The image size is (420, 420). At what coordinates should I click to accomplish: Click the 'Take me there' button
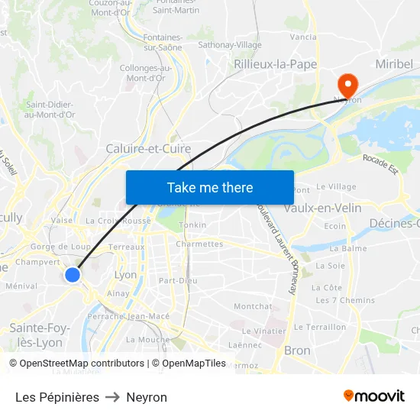coord(210,187)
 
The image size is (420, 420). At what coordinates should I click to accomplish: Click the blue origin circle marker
coord(73,274)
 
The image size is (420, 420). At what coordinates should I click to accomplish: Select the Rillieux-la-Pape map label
coord(276,64)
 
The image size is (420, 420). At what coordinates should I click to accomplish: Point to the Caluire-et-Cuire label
coord(148,148)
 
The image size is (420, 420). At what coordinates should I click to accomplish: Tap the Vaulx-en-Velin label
coord(322,208)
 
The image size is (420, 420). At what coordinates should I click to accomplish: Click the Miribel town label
coord(394,64)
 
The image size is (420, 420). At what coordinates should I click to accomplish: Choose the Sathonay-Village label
coord(230,45)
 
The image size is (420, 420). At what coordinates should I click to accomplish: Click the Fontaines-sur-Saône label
coord(162,42)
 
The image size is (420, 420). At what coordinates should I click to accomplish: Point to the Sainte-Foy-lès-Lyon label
coord(40,335)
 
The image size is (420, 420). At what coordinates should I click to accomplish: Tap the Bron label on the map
coord(297,351)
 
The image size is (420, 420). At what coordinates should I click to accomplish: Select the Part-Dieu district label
coord(178,280)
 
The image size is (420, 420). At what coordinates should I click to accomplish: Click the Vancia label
coord(303,37)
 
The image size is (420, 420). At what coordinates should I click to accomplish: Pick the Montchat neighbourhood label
coord(252,306)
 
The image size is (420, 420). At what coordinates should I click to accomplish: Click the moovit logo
coord(374,396)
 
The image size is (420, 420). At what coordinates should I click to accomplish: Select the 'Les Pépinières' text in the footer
coord(57,397)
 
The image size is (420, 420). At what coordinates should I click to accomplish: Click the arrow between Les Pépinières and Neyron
coord(112,397)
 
